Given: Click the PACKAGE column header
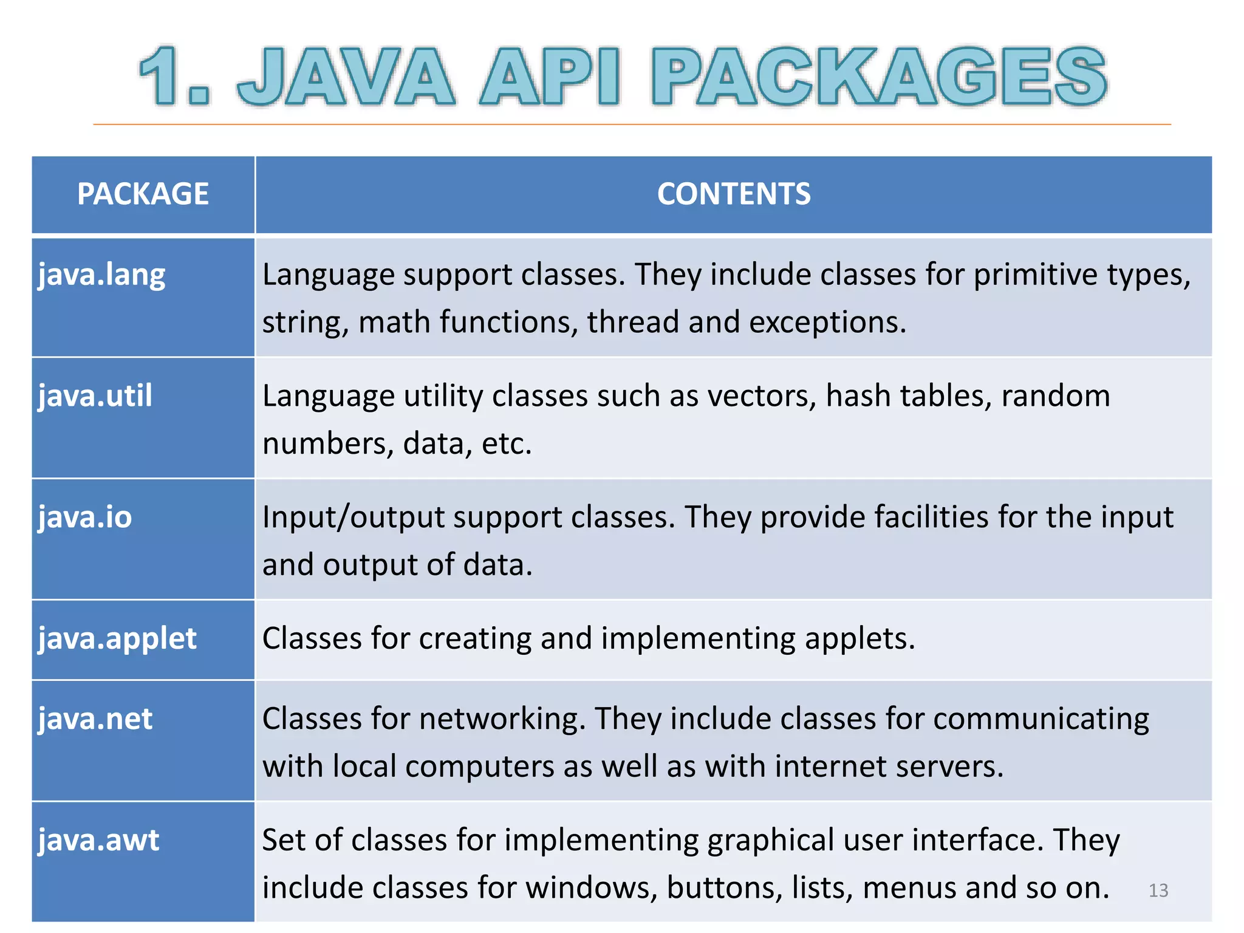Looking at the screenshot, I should point(143,194).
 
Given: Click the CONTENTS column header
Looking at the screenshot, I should point(733,194).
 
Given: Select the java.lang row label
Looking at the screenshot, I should point(101,275).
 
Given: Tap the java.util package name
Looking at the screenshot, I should point(95,396).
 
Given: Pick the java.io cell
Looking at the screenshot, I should point(84,518).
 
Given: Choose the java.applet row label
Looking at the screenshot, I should point(117,639).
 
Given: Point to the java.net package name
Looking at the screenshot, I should point(95,719).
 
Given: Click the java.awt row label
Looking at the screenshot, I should point(98,841).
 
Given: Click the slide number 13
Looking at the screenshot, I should point(1158,890).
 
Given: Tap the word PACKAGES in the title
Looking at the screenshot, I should point(879,77).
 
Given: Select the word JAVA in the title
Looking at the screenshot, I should point(346,77).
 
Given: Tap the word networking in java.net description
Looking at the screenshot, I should point(502,720).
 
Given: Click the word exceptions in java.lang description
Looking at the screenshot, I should point(827,323).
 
